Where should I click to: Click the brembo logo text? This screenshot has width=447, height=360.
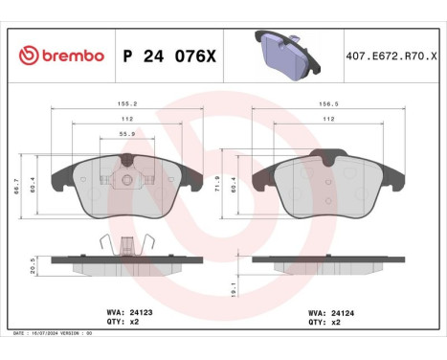click(x=60, y=56)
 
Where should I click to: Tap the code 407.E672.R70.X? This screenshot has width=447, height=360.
click(x=391, y=56)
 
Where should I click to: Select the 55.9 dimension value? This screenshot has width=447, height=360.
click(x=125, y=134)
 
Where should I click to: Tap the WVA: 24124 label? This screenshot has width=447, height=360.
click(x=330, y=312)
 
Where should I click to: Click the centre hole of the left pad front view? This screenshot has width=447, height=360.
click(x=125, y=180)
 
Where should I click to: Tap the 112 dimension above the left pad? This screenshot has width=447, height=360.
click(x=125, y=119)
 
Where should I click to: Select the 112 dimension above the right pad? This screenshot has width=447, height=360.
click(x=328, y=119)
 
